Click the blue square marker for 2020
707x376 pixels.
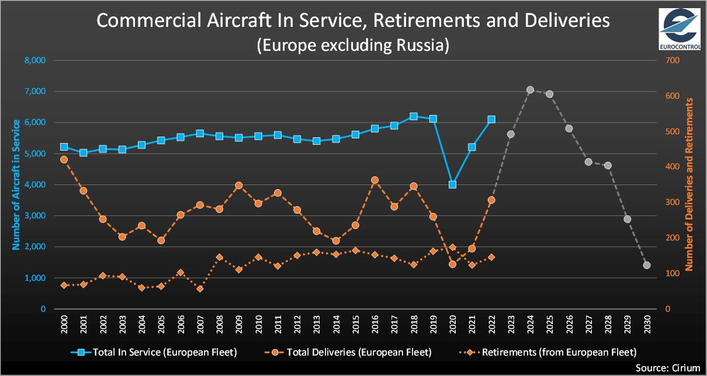click(x=452, y=184)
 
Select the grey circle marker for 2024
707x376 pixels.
click(x=530, y=90)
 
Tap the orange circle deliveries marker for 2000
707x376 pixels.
click(x=64, y=159)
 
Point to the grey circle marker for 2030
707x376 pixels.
click(x=647, y=265)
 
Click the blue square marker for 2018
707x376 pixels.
click(x=414, y=116)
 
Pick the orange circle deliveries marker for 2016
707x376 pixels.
click(x=375, y=180)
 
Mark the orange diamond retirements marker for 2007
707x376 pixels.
click(x=200, y=289)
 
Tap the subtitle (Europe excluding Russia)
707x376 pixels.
click(x=353, y=45)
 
